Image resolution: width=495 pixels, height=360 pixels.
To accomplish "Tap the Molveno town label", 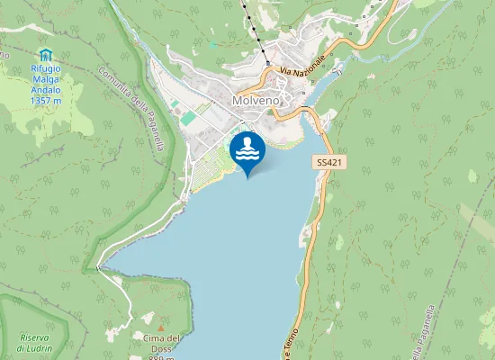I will (256, 101).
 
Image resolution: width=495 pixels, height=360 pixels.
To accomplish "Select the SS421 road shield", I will (328, 162).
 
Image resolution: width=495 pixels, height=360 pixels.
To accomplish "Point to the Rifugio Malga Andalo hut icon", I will (46, 56).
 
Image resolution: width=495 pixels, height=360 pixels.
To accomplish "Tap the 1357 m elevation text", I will (45, 101).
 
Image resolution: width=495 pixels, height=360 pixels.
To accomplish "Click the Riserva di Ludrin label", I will (34, 343).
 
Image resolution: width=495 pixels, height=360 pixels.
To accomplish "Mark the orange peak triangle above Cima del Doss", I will (162, 325).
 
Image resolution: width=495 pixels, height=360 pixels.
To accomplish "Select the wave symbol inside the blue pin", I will (247, 150).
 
